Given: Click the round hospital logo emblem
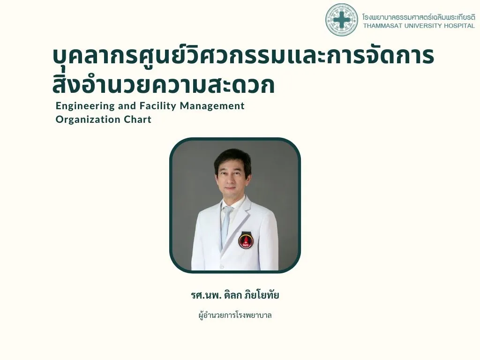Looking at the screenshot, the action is (342, 20).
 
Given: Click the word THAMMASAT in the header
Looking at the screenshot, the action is (382, 26).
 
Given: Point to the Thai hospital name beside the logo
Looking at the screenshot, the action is (419, 16).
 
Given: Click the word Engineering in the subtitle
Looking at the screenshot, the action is (85, 106).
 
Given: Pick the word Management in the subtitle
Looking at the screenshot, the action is (212, 106).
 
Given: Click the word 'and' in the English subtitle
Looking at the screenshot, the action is (127, 106).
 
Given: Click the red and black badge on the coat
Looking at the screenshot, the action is (246, 240).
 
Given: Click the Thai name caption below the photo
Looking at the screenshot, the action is (235, 295).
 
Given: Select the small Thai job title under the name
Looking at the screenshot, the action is (235, 315).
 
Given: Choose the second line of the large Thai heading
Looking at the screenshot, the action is (164, 84).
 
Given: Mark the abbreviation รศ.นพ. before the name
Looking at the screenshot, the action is (206, 295).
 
